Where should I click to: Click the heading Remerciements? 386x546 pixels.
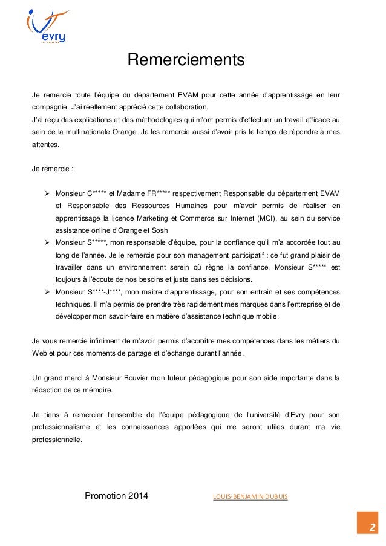click(185, 61)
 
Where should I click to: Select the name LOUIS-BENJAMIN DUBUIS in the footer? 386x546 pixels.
click(250, 497)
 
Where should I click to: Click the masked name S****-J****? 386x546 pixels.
click(106, 292)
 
